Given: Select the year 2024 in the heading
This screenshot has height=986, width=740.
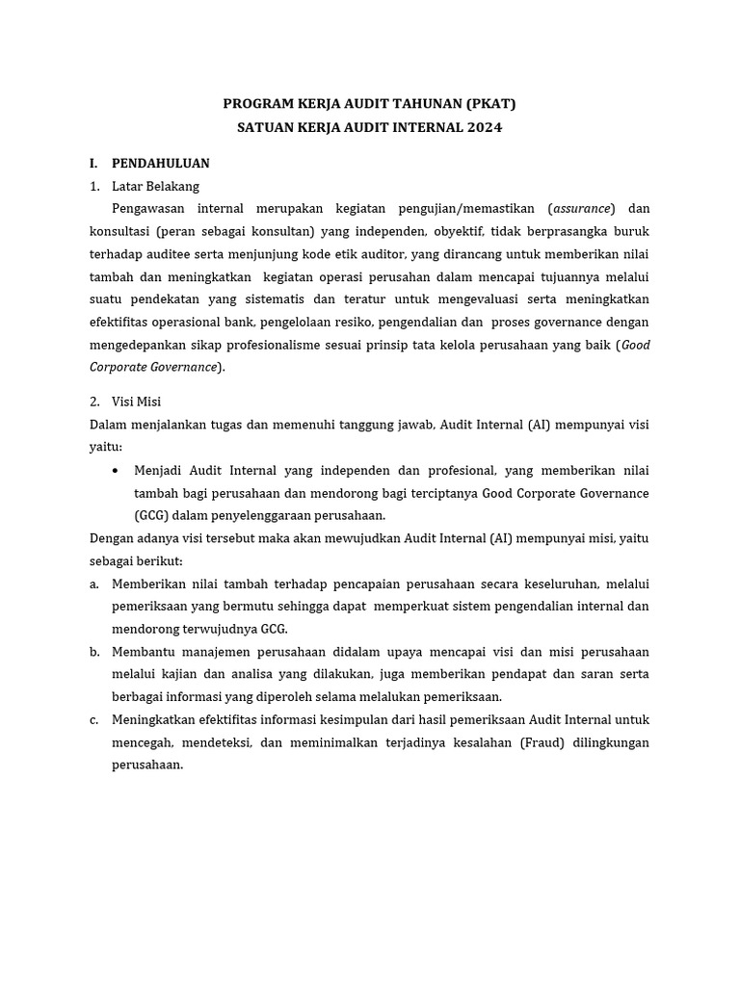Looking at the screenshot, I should click(484, 127).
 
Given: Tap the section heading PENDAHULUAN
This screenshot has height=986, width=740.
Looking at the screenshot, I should click(160, 163).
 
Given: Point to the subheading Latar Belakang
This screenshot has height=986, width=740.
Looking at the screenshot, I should click(155, 186).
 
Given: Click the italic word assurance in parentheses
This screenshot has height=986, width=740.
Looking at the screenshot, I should click(582, 209).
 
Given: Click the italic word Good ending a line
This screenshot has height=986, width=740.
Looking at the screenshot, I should click(635, 345).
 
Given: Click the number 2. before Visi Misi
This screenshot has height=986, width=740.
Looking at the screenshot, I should click(94, 402).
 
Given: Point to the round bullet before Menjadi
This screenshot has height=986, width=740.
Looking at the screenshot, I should click(116, 470).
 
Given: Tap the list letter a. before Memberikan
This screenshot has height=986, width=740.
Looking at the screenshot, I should click(94, 584).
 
